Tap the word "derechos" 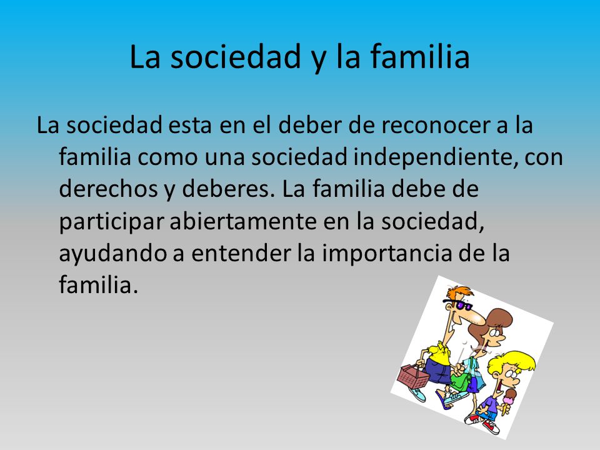pyautogui.click(x=109, y=189)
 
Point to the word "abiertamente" pyautogui.click(x=243, y=221)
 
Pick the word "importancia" pyautogui.click(x=387, y=254)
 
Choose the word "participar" pyautogui.click(x=111, y=222)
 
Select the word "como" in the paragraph pyautogui.click(x=167, y=158)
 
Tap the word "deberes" pyautogui.click(x=229, y=189)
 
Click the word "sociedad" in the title pyautogui.click(x=236, y=57)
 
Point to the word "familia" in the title pyautogui.click(x=420, y=57)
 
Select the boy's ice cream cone pyautogui.click(x=508, y=400)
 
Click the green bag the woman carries pyautogui.click(x=461, y=381)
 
